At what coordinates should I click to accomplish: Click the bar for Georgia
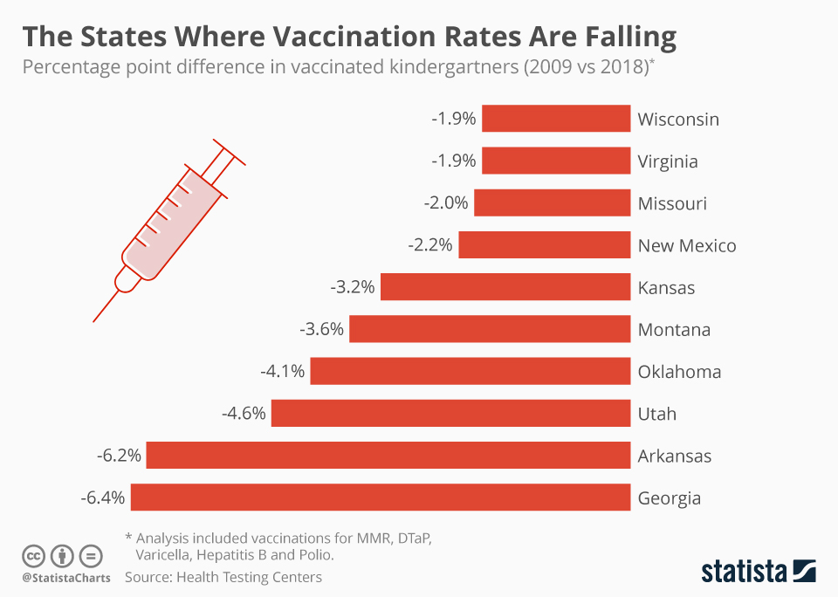tap(381, 497)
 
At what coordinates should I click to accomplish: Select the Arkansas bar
tap(388, 456)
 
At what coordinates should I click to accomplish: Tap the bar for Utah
tap(450, 414)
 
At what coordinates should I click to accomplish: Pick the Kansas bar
tap(505, 287)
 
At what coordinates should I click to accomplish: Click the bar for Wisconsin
tap(556, 119)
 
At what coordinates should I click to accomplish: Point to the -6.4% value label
tap(103, 498)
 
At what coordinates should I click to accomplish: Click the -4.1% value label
tap(283, 372)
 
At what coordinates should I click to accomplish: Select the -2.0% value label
tap(445, 203)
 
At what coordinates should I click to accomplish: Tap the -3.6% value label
tap(322, 330)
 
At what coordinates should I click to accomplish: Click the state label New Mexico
tap(687, 246)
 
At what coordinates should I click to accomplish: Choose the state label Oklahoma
tap(679, 372)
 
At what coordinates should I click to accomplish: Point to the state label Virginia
tap(668, 161)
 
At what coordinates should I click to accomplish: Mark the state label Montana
tap(674, 330)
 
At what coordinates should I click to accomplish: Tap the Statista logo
tap(759, 572)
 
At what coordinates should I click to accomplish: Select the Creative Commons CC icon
tap(33, 556)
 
